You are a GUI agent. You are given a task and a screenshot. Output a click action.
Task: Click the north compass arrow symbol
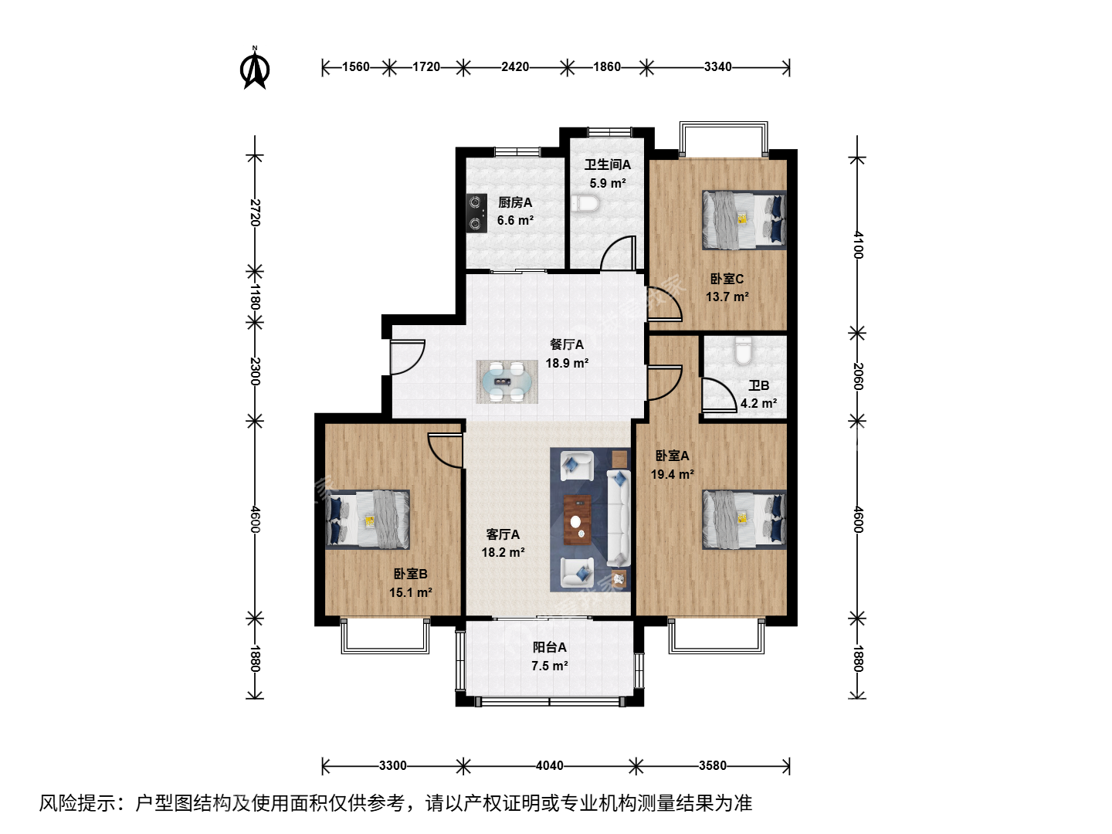255,68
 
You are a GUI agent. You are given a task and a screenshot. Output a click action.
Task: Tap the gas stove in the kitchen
476,213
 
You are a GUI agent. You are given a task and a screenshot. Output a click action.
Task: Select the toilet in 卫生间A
585,204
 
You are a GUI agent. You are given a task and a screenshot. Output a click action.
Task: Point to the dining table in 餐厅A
507,381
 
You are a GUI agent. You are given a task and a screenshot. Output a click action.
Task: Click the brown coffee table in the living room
578,520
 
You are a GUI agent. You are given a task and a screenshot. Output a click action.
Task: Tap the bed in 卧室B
368,519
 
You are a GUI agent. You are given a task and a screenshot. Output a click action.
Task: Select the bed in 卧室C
744,220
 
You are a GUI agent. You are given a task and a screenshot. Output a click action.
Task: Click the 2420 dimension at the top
515,67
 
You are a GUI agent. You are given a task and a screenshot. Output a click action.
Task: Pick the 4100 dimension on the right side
857,245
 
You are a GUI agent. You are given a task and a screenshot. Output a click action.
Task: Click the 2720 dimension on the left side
255,213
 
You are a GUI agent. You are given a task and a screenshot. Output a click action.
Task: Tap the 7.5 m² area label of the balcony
550,666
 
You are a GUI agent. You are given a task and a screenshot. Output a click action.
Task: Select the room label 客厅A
503,534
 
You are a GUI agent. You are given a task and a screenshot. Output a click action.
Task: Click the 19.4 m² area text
673,474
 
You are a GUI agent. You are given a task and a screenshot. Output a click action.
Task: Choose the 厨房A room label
515,202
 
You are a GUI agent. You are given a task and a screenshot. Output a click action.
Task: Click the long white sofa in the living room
619,518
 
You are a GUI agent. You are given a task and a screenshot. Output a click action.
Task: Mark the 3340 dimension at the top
718,67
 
